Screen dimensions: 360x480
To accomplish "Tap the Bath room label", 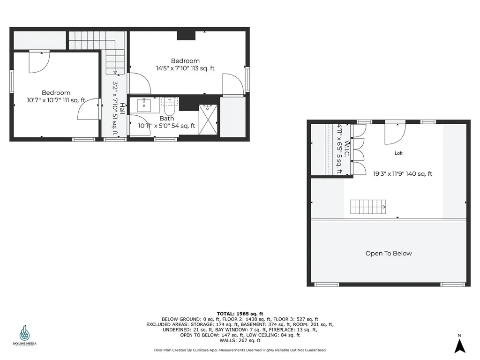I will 166,119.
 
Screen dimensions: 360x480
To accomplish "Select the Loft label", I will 398,153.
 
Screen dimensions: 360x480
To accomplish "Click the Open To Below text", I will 389,254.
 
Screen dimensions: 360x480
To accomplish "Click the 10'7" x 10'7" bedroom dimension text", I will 56,100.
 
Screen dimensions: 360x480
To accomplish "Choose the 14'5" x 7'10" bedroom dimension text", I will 185,68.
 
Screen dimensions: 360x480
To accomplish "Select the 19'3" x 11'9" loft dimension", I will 403,174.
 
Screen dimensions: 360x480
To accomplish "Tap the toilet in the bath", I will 169,107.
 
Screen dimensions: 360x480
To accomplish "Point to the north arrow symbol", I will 460,345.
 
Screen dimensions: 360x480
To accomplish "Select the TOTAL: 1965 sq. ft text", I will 240,314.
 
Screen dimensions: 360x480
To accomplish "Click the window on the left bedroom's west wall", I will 12,82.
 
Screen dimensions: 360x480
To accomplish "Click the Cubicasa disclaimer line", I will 240,350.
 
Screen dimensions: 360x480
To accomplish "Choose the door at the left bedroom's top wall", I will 38,62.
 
